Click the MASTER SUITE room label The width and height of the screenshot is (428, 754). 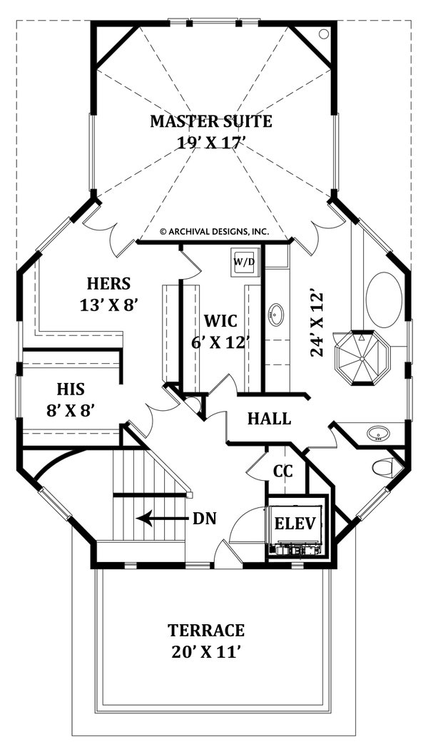click(210, 121)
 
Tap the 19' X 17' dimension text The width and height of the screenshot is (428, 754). click(210, 143)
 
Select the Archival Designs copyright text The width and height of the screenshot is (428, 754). click(213, 231)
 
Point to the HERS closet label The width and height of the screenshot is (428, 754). click(108, 283)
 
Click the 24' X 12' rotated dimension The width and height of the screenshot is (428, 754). click(317, 323)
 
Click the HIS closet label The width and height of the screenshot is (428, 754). click(71, 389)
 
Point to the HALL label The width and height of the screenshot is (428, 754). click(269, 419)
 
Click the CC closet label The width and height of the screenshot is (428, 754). click(283, 472)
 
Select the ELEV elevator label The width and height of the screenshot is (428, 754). click(295, 523)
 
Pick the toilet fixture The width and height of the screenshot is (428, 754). click(383, 468)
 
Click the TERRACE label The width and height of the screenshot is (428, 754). click(206, 631)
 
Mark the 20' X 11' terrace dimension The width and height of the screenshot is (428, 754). click(206, 652)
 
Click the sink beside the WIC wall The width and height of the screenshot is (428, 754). click(275, 313)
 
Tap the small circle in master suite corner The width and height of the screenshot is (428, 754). click(323, 34)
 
